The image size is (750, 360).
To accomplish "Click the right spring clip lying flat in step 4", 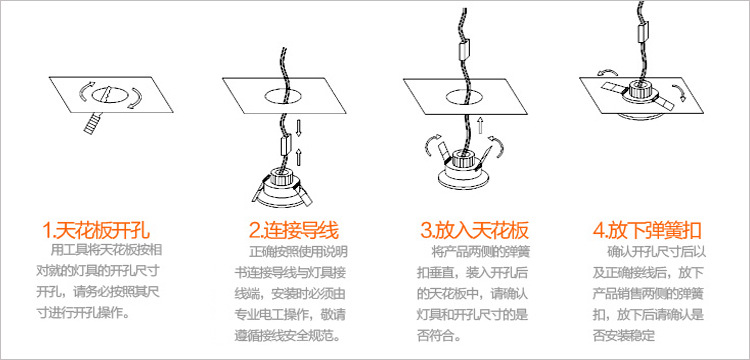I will pos(661,100).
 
